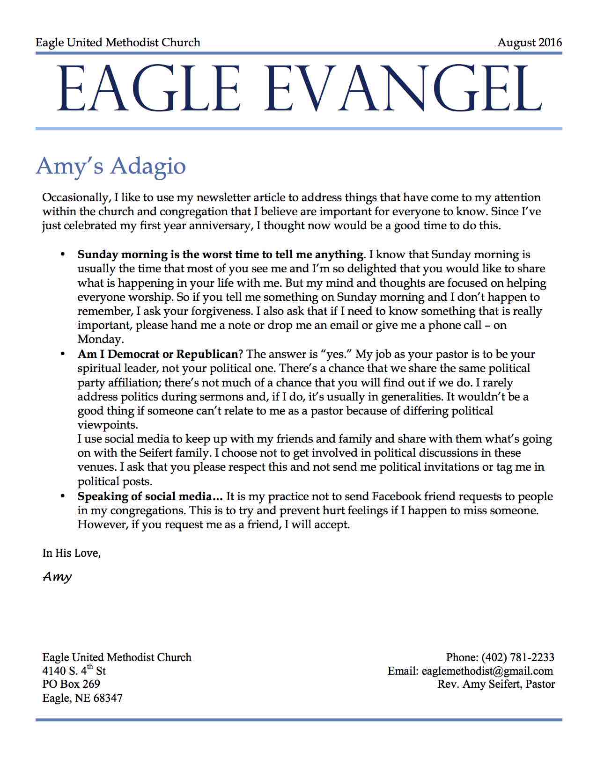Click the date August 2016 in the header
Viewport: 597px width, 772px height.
click(529, 43)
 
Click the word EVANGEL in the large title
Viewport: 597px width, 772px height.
click(403, 89)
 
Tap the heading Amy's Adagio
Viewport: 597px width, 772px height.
click(111, 166)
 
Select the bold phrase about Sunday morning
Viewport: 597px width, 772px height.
click(221, 255)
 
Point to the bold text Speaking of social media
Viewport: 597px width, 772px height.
click(150, 496)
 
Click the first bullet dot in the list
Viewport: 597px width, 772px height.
click(62, 255)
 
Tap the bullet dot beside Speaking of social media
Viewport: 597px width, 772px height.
click(62, 496)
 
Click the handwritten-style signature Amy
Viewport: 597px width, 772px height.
click(57, 576)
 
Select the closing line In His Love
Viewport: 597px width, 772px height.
click(72, 553)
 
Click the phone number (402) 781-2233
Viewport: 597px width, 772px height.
click(517, 657)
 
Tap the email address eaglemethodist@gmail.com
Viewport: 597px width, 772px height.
click(487, 671)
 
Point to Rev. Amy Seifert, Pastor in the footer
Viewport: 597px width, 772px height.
click(496, 685)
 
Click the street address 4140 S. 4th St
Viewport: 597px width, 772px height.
click(74, 670)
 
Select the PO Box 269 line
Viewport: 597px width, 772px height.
click(71, 684)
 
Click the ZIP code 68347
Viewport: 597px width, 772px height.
click(108, 698)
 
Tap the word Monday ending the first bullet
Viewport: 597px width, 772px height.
click(99, 339)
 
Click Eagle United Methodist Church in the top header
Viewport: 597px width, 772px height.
click(118, 43)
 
